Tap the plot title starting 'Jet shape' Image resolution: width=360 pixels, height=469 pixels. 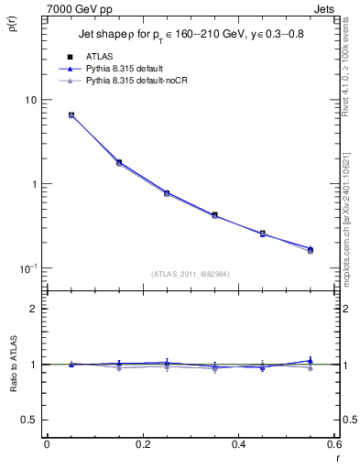[189, 39]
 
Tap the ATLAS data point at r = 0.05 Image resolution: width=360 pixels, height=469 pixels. [71, 115]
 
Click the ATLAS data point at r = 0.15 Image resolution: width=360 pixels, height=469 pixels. [119, 162]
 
